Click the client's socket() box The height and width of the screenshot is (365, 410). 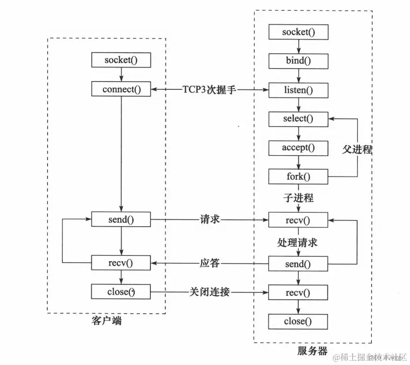coord(121,60)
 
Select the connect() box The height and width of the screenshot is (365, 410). coord(121,89)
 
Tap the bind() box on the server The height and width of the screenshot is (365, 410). coord(298,61)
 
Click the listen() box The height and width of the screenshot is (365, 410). coord(298,89)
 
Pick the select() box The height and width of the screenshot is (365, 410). coord(298,119)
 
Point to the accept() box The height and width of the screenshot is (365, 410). coord(298,148)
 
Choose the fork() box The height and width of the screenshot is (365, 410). coord(298,177)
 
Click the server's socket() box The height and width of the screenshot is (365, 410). coord(298,32)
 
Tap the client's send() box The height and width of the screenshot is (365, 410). coord(121,218)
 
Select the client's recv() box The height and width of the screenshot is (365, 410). coord(121,263)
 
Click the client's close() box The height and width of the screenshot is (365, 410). coord(121,292)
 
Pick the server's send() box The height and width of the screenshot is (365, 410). coord(298,264)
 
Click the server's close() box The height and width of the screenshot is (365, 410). coord(298,321)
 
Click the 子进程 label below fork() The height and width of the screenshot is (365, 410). coord(298,198)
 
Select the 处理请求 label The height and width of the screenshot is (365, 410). coord(298,242)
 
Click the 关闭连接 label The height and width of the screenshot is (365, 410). coord(209,292)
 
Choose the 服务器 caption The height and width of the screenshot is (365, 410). coord(312,350)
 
